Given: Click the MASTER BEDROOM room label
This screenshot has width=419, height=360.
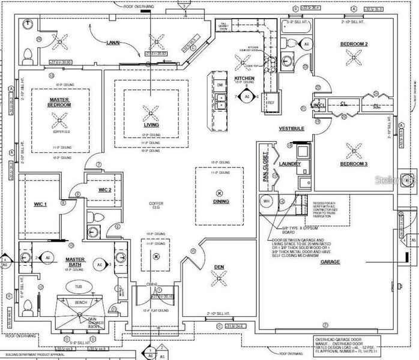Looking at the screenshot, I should pos(60,102).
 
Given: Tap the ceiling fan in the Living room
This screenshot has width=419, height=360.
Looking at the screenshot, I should pos(151,111).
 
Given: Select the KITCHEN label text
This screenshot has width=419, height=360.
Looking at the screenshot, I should pos(244,79).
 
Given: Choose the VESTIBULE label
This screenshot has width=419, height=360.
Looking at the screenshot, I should pos(291,128).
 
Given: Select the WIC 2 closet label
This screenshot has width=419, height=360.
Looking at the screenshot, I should pos(104,190).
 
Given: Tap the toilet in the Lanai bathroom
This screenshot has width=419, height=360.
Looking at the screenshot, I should pos(27,56).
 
